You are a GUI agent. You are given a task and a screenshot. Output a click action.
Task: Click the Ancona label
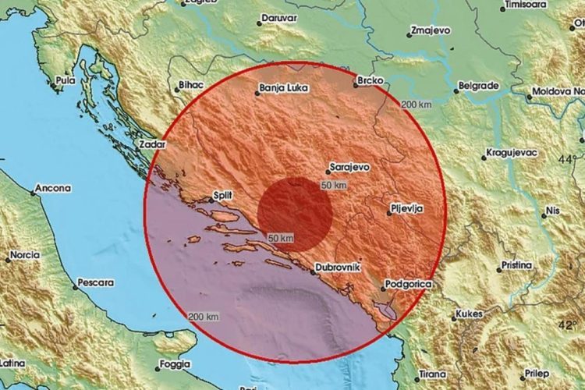point(52,188)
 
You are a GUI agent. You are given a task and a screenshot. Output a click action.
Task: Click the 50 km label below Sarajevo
point(333,185)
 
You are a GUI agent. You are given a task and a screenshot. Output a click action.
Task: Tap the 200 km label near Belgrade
point(416,105)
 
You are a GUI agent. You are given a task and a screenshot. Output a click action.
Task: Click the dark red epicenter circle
point(296,213)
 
